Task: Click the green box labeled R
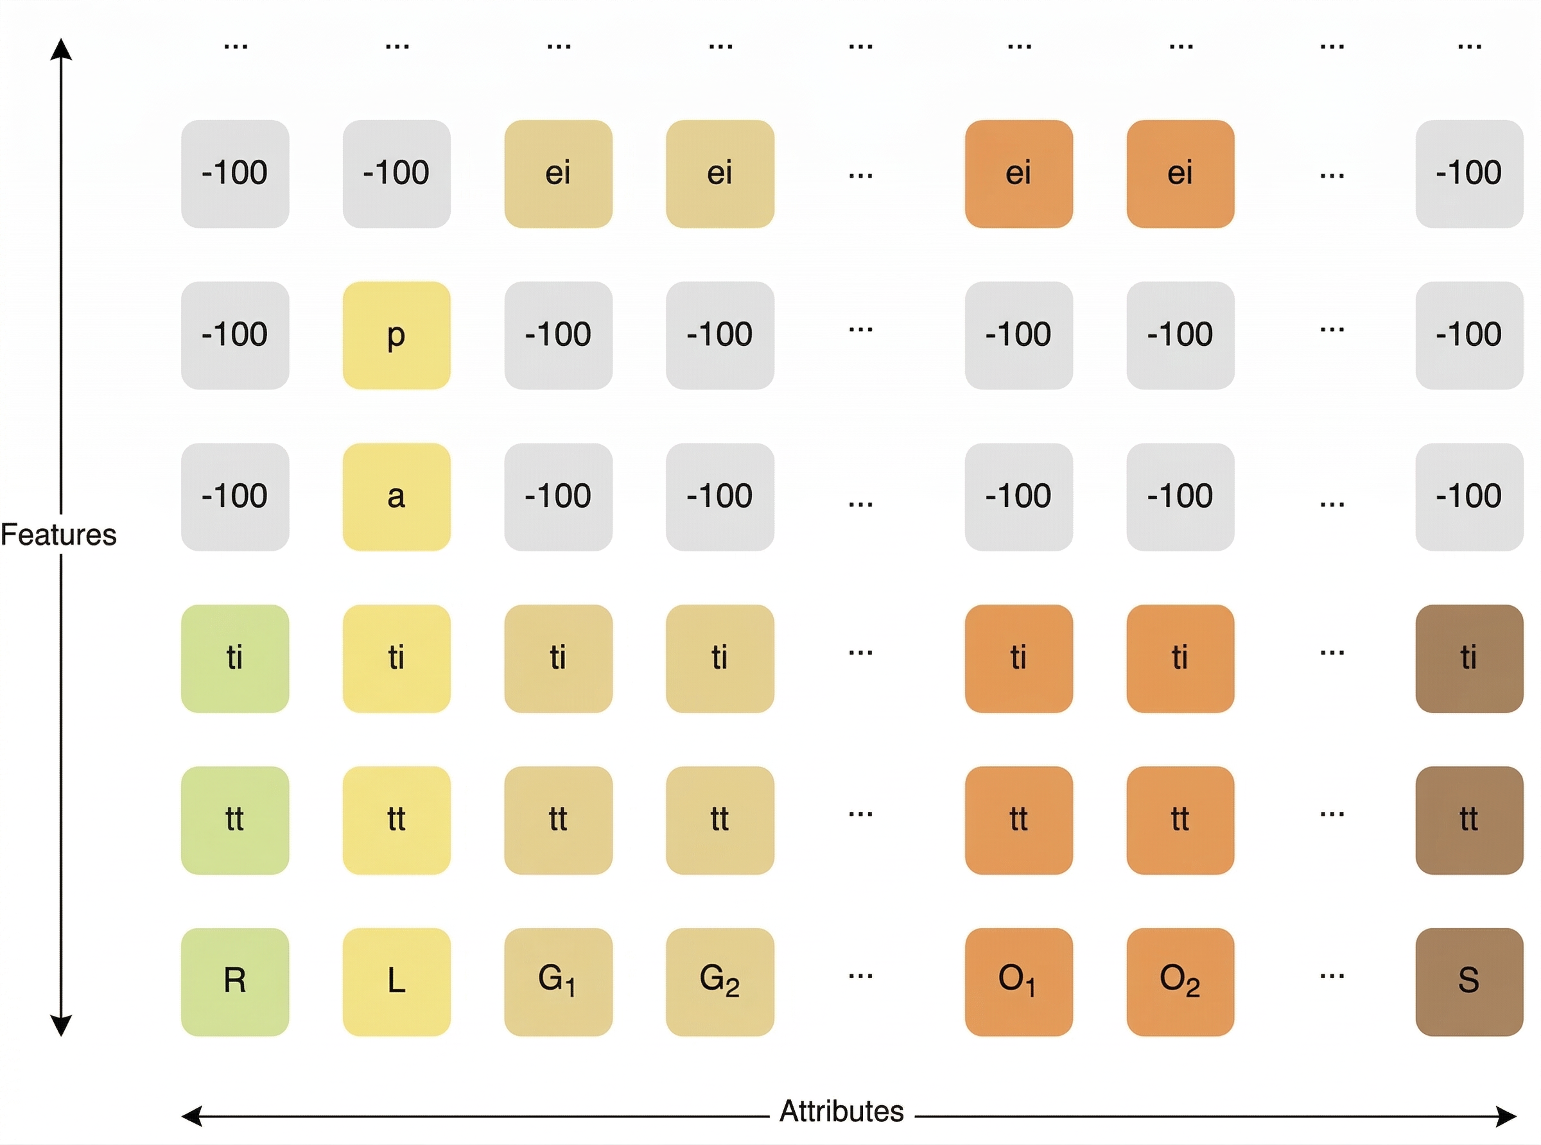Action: [235, 981]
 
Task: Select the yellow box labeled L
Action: [397, 981]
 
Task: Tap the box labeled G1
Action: [558, 981]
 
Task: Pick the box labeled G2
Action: [720, 981]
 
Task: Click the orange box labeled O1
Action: [1018, 981]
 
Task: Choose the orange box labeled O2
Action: [1180, 981]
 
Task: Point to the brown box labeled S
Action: [1469, 981]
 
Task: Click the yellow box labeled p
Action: [397, 336]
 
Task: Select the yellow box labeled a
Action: [397, 497]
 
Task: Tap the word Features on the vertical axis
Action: [59, 535]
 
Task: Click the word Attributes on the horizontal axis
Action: [842, 1111]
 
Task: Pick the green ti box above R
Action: [235, 659]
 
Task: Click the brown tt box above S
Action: [1469, 820]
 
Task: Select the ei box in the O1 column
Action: [1018, 174]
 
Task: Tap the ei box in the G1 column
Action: [558, 174]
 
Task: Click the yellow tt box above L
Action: [397, 820]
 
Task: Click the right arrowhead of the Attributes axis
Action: [1506, 1117]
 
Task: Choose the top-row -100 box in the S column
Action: [1469, 174]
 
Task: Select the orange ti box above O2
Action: [1180, 659]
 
